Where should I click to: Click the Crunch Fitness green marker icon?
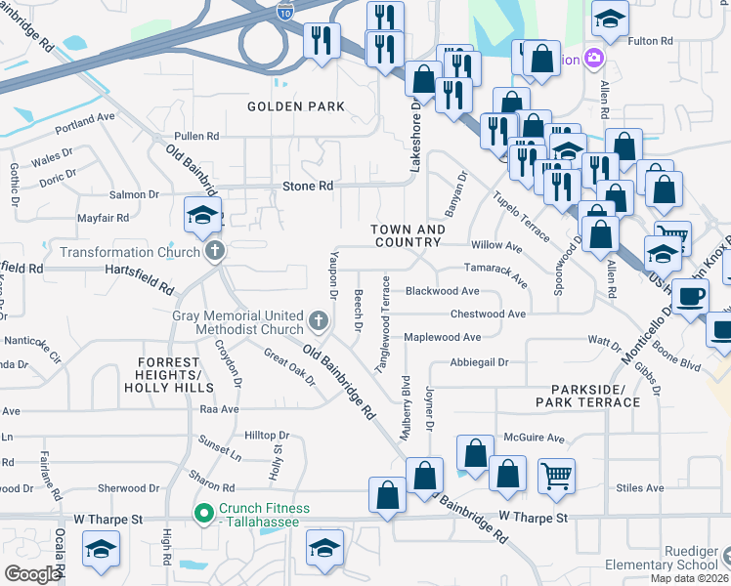click(x=203, y=512)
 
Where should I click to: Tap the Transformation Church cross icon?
click(x=215, y=252)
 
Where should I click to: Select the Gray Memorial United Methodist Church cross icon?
click(x=317, y=320)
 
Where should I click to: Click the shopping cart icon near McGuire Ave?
click(x=556, y=476)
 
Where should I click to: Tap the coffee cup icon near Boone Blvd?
click(x=691, y=296)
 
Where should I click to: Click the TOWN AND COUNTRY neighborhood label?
click(x=408, y=235)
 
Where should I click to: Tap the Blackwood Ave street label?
click(x=442, y=291)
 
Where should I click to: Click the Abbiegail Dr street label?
click(x=479, y=361)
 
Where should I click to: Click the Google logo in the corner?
click(x=31, y=574)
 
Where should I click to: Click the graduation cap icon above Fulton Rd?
click(x=610, y=18)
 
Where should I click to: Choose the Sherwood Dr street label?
click(x=127, y=487)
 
